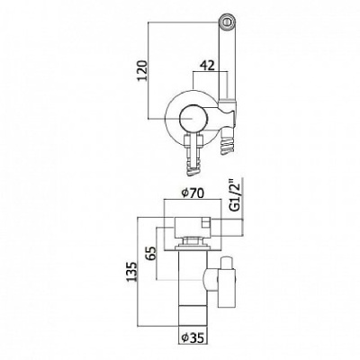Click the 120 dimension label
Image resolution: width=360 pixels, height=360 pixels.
point(143,70)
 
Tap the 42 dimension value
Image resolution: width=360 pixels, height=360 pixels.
point(207,66)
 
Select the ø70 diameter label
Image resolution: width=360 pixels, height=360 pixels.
point(193,193)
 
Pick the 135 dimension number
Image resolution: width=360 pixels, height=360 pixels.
point(131,272)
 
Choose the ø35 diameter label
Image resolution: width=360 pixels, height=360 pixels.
point(193,337)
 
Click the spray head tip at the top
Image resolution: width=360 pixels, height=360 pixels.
point(227,22)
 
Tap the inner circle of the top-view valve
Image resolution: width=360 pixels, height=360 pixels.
point(192,119)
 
